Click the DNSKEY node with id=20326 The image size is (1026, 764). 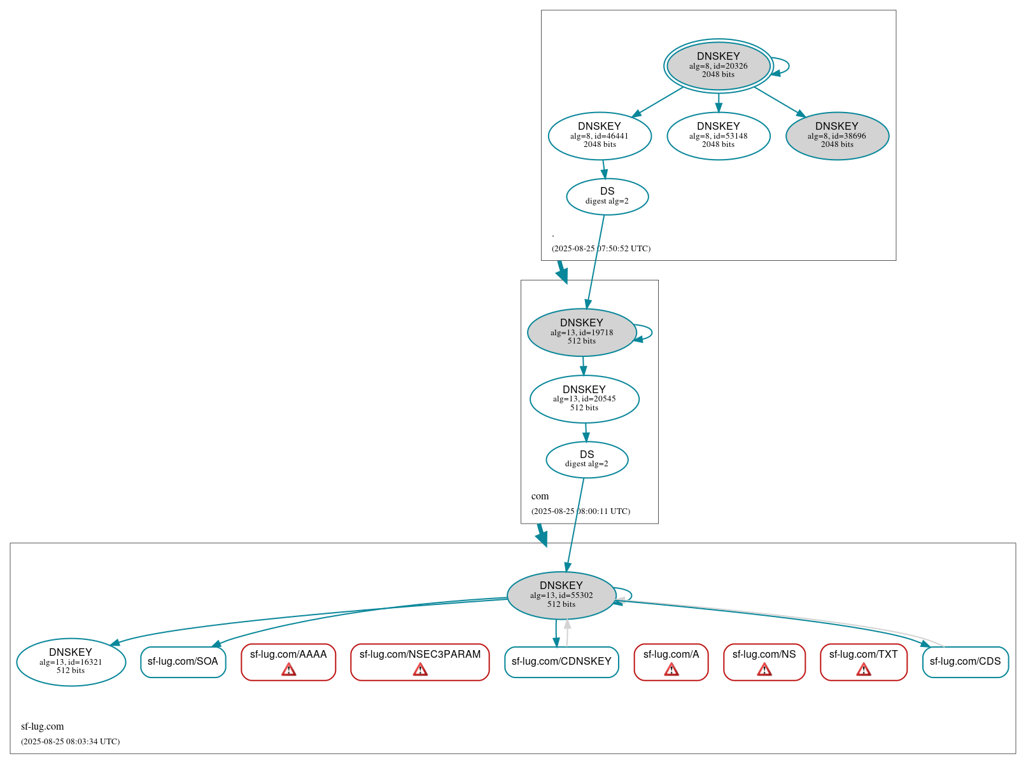[x=718, y=66]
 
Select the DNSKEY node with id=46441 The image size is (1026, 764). [x=600, y=135]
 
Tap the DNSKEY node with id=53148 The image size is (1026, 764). [x=718, y=135]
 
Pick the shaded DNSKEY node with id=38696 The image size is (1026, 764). [x=837, y=135]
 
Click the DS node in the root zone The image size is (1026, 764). [x=607, y=197]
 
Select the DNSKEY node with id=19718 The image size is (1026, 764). [x=581, y=332]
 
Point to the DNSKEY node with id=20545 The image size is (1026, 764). [x=584, y=399]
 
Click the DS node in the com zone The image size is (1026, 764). [x=587, y=459]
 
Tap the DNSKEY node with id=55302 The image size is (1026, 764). [x=561, y=595]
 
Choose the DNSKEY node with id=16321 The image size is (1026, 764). [x=71, y=662]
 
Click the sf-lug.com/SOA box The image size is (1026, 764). [x=183, y=662]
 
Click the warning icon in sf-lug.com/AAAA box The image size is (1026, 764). [x=288, y=670]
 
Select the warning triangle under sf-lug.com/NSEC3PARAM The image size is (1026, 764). [x=420, y=670]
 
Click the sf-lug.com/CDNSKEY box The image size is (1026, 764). [x=561, y=662]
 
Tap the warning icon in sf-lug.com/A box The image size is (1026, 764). [x=671, y=670]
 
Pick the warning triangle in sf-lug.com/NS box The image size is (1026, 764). [x=764, y=670]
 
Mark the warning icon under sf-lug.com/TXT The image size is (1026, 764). [x=863, y=670]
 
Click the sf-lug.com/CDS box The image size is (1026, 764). [x=965, y=662]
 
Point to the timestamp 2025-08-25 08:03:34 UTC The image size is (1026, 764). [x=71, y=742]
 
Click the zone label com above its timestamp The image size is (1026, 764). [x=540, y=496]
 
